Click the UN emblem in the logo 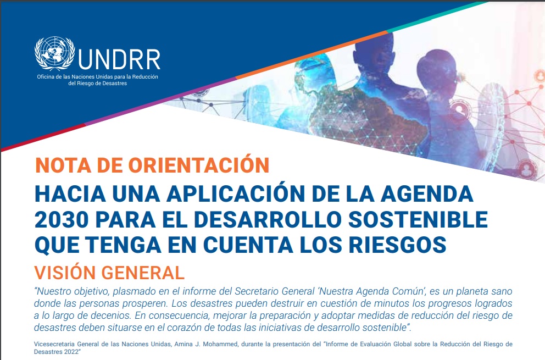pos(54,53)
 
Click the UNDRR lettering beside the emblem pos(119,59)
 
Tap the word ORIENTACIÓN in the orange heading pos(199,164)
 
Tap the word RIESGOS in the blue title pos(398,245)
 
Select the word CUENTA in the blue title pos(248,245)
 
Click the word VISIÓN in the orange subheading pos(65,273)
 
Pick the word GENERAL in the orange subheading pos(143,273)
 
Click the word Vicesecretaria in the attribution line pos(54,344)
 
